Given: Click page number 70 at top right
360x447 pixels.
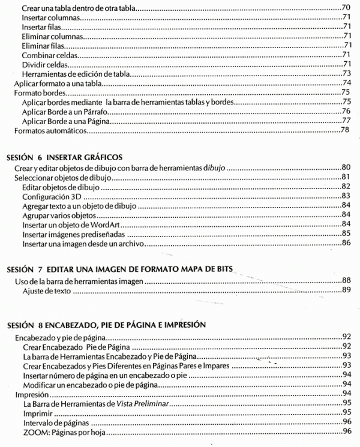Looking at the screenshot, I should click(346, 8).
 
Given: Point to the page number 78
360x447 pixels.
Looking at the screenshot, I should click(346, 130).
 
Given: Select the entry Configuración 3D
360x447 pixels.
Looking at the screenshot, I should click(51, 196).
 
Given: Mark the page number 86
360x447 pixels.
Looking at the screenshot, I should click(346, 243).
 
